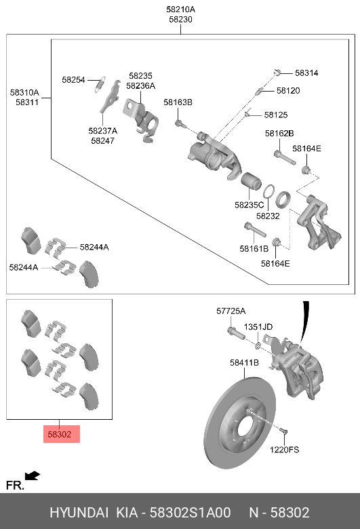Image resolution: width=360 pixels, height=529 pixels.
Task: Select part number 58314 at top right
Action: tap(306, 73)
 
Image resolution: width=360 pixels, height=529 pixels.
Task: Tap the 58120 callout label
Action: tap(287, 90)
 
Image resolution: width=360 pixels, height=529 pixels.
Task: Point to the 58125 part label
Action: tap(276, 115)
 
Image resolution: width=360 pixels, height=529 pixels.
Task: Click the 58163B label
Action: tap(178, 102)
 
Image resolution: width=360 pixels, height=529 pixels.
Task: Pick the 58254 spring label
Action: tap(73, 79)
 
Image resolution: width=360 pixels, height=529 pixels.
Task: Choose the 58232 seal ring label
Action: tap(267, 216)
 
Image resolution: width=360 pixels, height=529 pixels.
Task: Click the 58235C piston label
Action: tap(249, 204)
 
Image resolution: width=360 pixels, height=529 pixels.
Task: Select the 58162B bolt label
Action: tap(279, 134)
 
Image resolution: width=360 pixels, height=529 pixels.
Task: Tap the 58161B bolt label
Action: tap(254, 249)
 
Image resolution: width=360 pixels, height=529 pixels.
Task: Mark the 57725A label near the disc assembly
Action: tap(231, 311)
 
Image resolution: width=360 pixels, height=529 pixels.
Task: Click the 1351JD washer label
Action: tap(258, 327)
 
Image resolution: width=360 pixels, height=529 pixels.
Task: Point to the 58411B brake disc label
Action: tap(244, 363)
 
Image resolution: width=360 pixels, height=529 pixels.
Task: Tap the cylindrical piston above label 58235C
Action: tap(250, 183)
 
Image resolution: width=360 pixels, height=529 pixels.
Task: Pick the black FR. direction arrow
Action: tap(32, 476)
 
